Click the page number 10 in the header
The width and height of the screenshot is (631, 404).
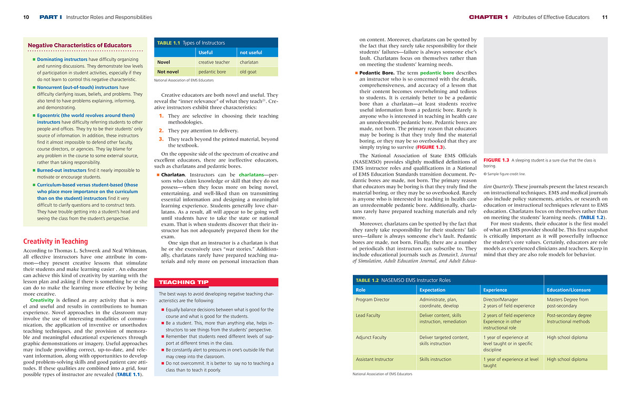pos(26,17)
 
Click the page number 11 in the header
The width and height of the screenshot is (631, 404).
pos(605,17)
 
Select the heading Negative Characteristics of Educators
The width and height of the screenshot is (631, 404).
pos(79,45)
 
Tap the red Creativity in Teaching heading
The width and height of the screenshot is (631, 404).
pos(56,241)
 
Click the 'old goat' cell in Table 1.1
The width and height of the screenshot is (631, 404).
pos(248,72)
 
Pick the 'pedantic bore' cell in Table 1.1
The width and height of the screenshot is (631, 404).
pos(212,72)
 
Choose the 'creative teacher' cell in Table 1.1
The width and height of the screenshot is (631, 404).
pos(214,62)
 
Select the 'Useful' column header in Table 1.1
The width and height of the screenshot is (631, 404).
pos(206,53)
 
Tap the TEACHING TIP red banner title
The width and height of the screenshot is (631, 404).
pos(184,282)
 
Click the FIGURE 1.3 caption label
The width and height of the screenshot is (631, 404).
pos(496,160)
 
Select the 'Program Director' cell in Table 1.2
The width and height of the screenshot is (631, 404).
pos(373,299)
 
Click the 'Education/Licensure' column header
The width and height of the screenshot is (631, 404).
pos(568,290)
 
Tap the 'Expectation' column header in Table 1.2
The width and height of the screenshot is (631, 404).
pos(432,290)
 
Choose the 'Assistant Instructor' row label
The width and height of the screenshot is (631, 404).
pos(374,359)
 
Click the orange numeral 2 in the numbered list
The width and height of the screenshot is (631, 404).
pos(161,130)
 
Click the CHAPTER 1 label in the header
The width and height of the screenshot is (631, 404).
pos(488,17)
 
